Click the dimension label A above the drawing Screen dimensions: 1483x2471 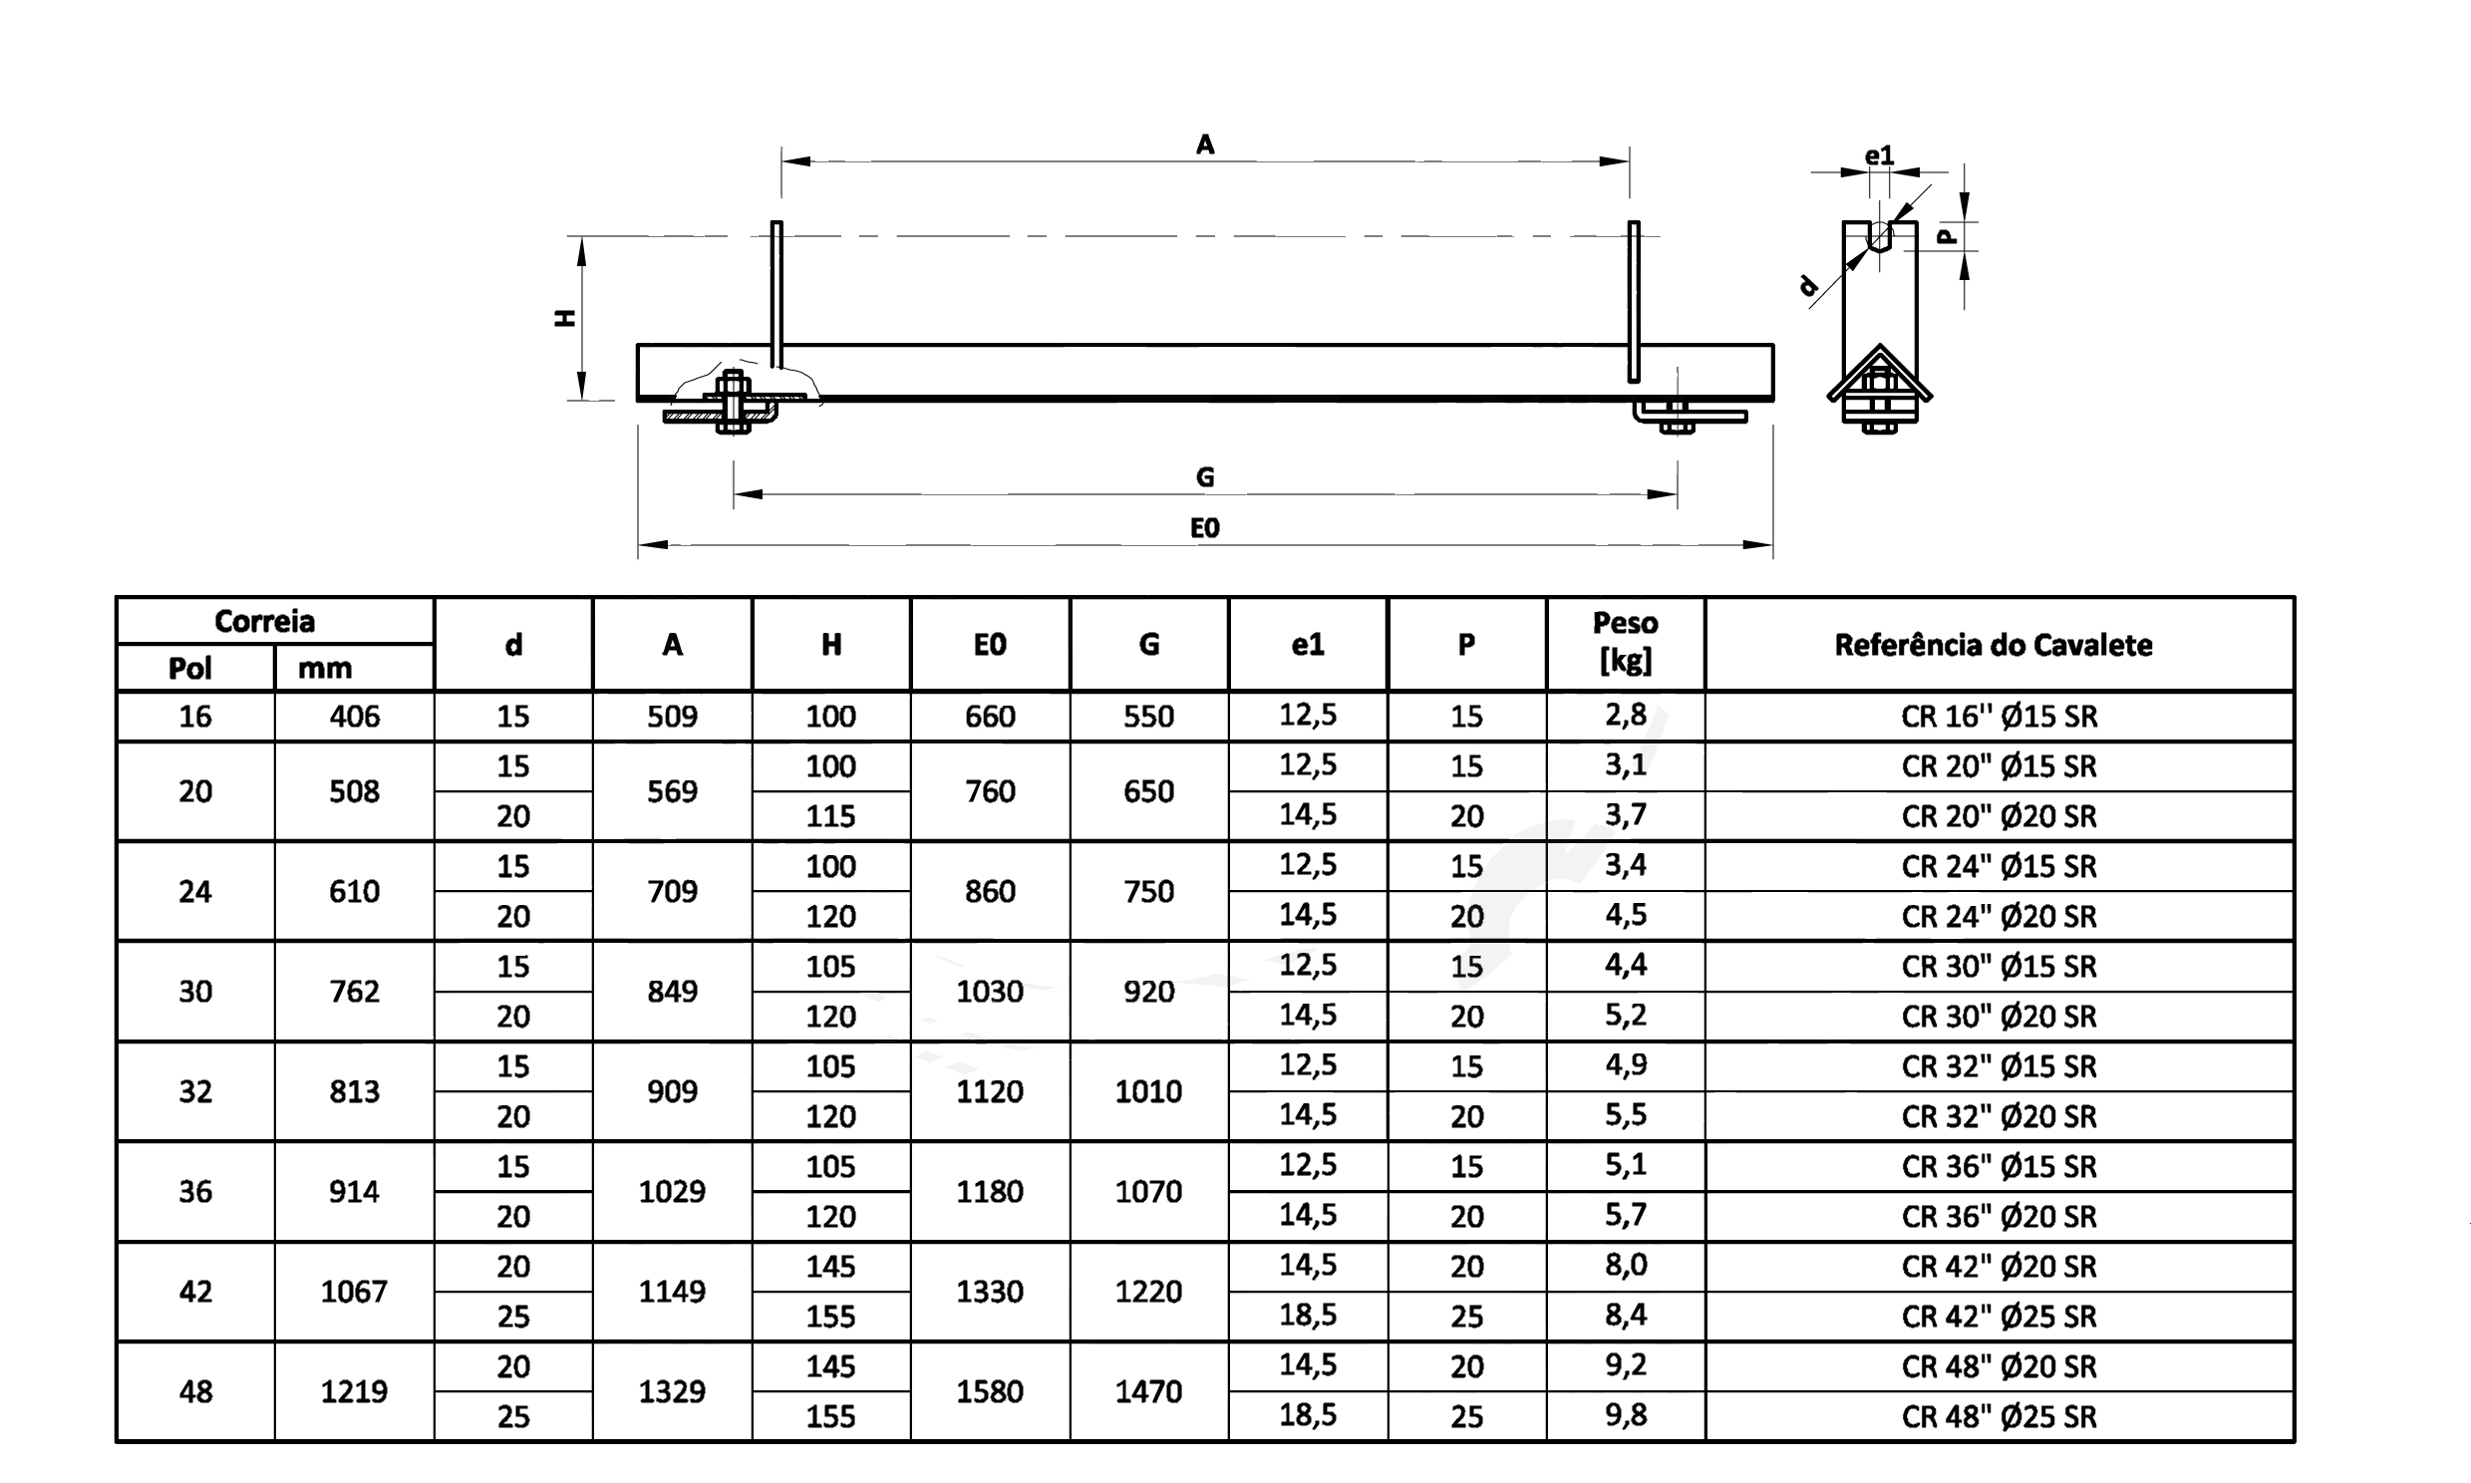pos(1205,145)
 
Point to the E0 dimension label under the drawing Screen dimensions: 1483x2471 pos(1205,527)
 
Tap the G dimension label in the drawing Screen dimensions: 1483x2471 pos(1205,477)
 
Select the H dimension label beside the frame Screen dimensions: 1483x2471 pos(565,318)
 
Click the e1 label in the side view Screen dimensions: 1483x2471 pos(1879,154)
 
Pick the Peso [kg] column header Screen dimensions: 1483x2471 pos(1625,643)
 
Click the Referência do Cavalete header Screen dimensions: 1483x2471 pos(1994,646)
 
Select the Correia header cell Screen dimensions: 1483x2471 pos(265,622)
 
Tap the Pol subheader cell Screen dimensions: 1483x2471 pos(189,669)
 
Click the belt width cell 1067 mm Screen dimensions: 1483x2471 pos(354,1292)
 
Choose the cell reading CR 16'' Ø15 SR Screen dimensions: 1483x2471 pos(1999,717)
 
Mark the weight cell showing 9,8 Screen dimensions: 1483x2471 pos(1626,1415)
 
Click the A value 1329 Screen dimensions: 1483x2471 pos(672,1391)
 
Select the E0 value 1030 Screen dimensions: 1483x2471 pos(989,992)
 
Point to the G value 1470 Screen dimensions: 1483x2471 pos(1148,1391)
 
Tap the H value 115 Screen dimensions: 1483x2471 pos(830,816)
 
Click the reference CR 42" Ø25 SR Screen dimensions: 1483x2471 pos(1999,1318)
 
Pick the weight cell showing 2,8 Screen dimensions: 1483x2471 pos(1626,716)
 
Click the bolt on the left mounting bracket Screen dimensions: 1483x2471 pos(733,402)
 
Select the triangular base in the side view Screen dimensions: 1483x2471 pos(1880,376)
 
